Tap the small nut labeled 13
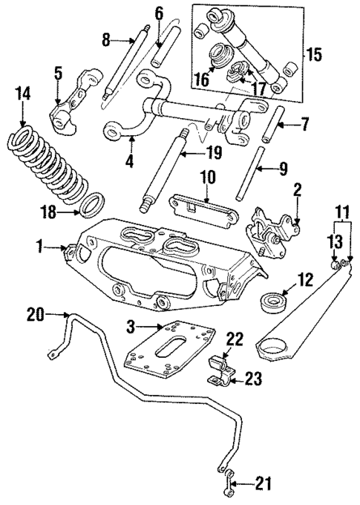coord(335,263)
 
